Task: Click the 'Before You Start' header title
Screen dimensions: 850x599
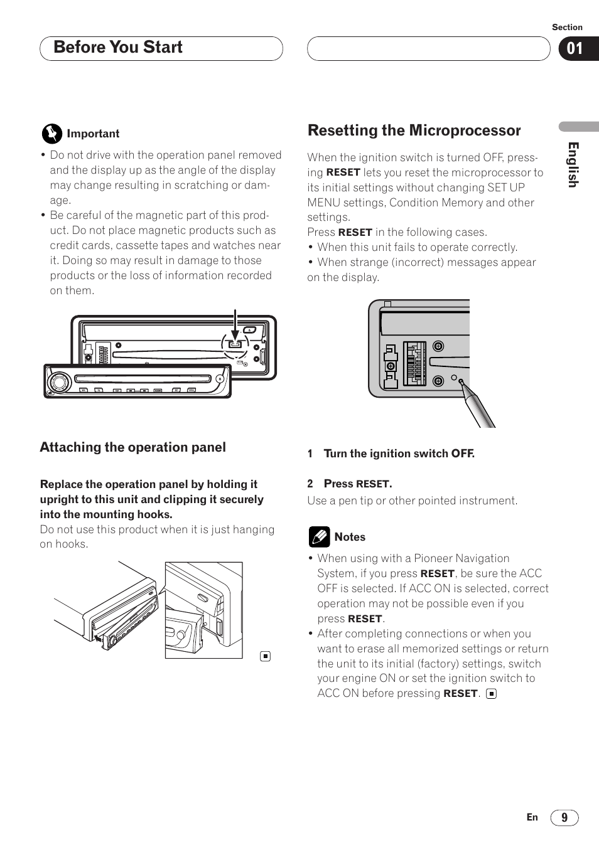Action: pos(118,48)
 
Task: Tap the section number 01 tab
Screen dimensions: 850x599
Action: pos(575,49)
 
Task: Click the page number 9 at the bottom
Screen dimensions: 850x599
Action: pos(564,817)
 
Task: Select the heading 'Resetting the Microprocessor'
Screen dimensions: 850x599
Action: pos(414,130)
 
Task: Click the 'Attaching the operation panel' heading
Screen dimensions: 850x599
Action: pos(132,447)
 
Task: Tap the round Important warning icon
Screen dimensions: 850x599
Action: pos(52,134)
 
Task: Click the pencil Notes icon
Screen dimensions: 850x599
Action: pos(319,537)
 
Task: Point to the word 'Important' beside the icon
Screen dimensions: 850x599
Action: pos(93,134)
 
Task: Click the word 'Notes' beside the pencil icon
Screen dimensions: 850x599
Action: pos(350,537)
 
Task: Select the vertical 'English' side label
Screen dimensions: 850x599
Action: pos(573,164)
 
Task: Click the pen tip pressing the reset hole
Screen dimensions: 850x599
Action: pos(462,382)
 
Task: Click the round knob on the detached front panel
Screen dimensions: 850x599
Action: pos(60,381)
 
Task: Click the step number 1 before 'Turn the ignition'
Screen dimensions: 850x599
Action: pos(310,454)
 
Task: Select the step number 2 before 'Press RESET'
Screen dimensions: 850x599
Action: pos(310,484)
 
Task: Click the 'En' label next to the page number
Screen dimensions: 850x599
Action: pos(532,817)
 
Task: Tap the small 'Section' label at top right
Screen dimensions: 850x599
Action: pos(567,27)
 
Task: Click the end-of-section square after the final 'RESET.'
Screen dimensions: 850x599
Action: pos(492,694)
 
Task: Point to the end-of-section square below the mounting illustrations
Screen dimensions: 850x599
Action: pos(266,656)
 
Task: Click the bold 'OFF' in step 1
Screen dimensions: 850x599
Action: pos(461,454)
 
